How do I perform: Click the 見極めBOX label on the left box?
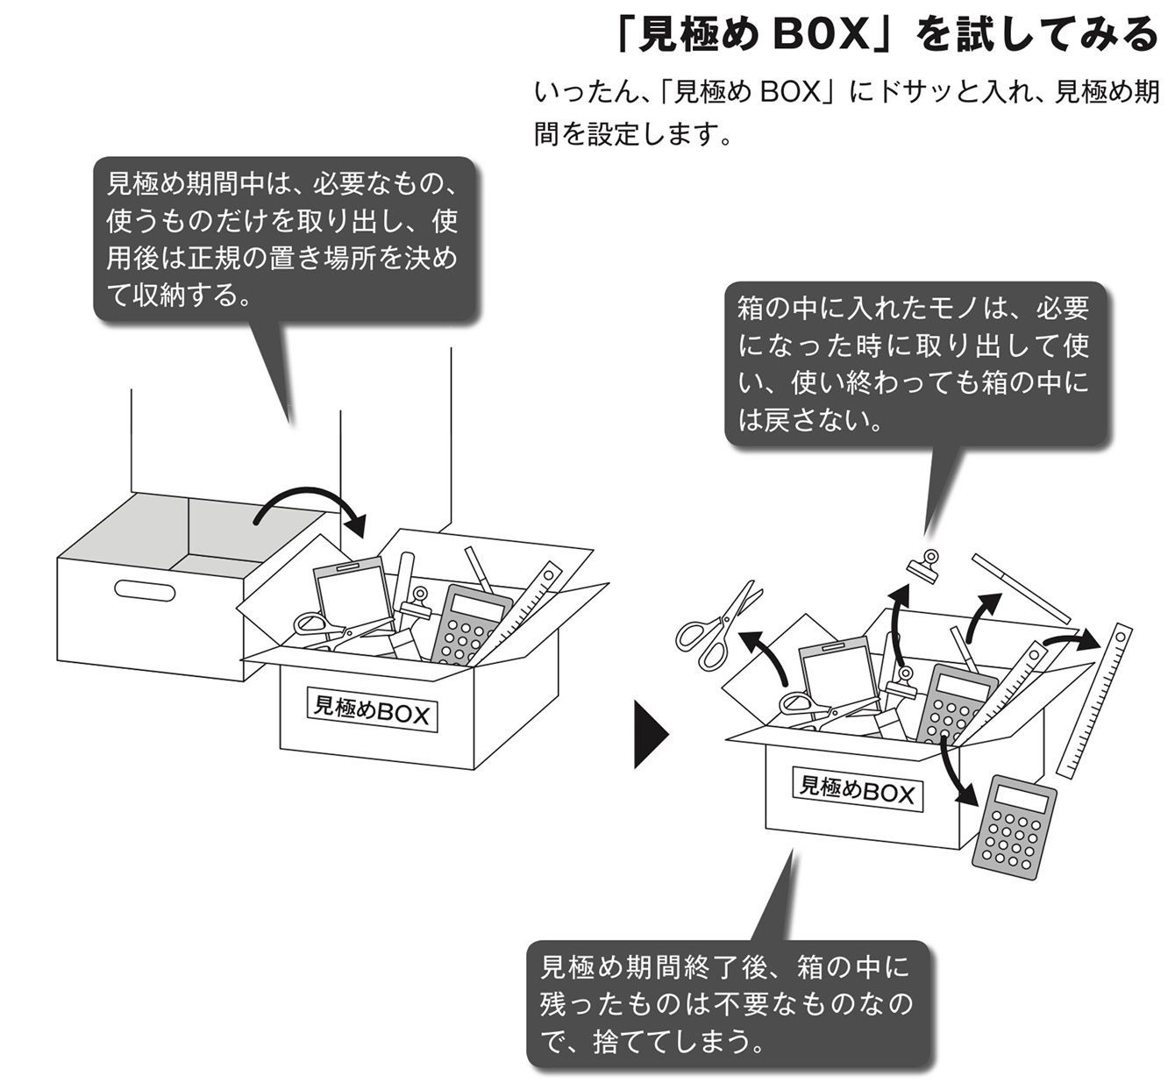(372, 709)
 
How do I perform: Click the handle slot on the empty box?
(145, 590)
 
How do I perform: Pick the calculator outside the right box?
(1015, 822)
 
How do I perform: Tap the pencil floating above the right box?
(1021, 587)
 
